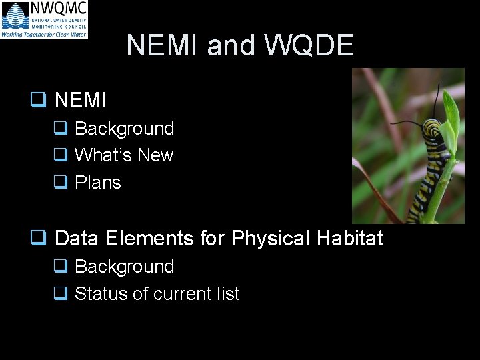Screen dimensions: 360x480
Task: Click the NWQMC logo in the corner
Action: click(44, 19)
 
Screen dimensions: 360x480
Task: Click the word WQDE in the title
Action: click(309, 45)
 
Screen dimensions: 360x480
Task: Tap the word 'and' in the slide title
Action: click(231, 45)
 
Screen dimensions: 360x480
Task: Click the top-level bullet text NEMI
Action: click(81, 101)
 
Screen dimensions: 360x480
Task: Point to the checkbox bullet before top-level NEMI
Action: click(37, 101)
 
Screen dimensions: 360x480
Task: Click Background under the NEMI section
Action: click(124, 129)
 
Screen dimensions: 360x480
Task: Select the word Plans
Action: click(98, 183)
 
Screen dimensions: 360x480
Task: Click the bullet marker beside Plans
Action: click(60, 183)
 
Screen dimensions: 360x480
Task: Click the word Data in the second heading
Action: click(77, 239)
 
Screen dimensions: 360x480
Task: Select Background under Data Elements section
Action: click(124, 267)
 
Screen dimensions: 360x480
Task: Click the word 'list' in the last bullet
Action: click(228, 294)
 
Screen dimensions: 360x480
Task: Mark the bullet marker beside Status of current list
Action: click(60, 294)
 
